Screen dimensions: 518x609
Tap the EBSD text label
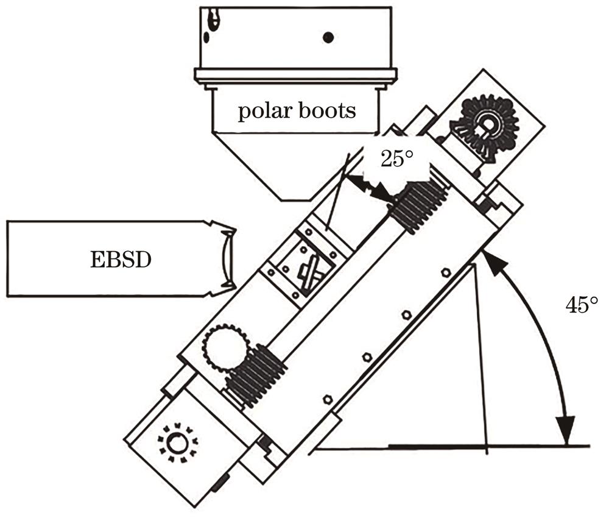pyautogui.click(x=117, y=258)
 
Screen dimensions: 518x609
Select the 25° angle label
pyautogui.click(x=397, y=160)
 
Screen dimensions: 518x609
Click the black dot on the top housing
pyautogui.click(x=328, y=38)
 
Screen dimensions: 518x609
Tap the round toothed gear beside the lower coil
pyautogui.click(x=222, y=346)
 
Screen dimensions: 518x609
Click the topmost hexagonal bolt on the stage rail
pyautogui.click(x=446, y=272)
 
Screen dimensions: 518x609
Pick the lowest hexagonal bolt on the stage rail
pyautogui.click(x=328, y=399)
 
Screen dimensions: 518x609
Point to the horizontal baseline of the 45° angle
pyautogui.click(x=451, y=447)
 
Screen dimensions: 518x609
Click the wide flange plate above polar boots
pyautogui.click(x=295, y=76)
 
